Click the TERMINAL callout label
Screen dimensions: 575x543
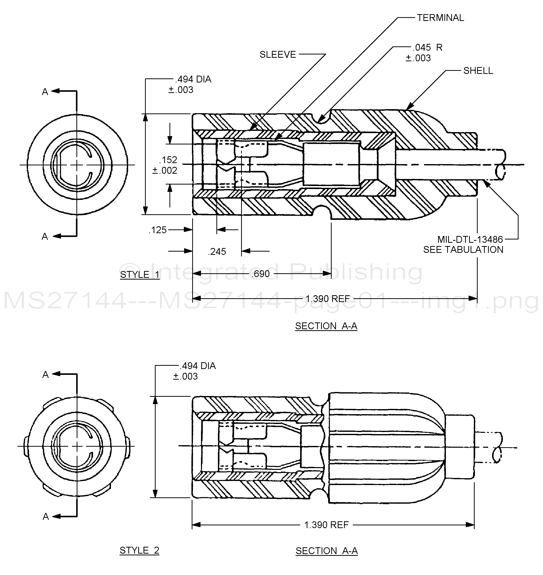440,18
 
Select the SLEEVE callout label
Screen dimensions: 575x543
278,55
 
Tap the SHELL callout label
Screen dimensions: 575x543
478,71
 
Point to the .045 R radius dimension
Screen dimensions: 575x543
427,48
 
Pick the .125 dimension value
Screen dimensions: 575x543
158,230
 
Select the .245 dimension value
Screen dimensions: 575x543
217,252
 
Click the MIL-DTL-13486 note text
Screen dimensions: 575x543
470,239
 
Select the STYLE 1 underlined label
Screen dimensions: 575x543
140,275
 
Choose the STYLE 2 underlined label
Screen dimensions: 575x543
139,550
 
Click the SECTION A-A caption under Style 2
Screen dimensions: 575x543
327,551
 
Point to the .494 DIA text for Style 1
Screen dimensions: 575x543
193,80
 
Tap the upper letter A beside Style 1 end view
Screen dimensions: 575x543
45,92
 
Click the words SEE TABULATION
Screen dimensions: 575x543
463,250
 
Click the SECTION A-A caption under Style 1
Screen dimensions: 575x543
326,326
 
